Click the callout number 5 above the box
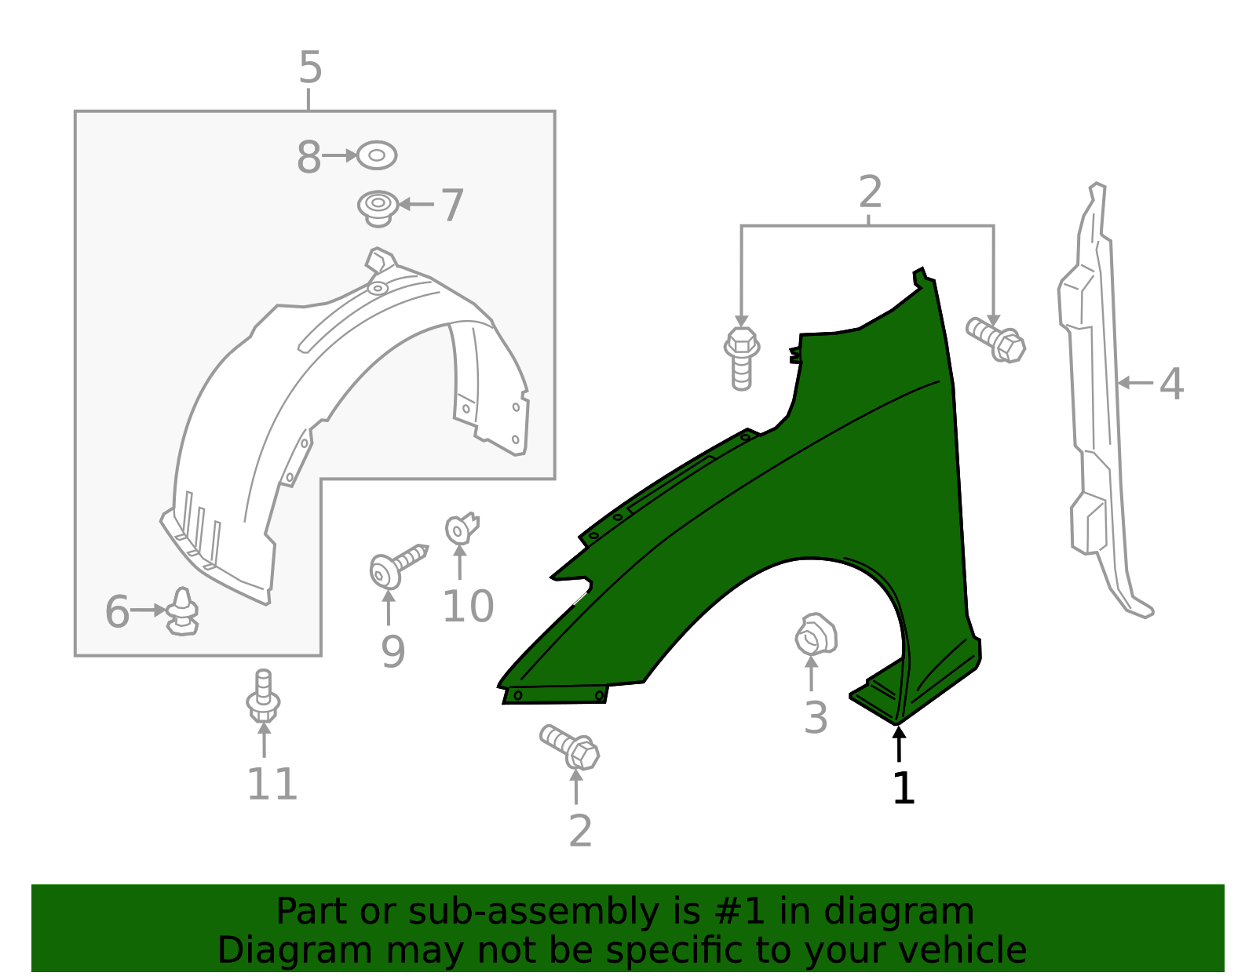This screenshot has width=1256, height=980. (x=310, y=68)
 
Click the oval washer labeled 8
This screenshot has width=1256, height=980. (x=377, y=155)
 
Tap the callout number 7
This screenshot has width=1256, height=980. (x=452, y=206)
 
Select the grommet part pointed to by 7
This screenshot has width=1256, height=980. (x=378, y=207)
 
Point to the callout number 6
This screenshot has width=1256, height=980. (x=117, y=612)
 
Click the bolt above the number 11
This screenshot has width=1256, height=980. (x=264, y=697)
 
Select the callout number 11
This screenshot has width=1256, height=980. (x=272, y=784)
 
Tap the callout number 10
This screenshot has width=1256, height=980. (x=468, y=606)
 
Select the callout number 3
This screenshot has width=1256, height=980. (x=816, y=717)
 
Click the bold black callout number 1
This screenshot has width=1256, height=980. (x=904, y=788)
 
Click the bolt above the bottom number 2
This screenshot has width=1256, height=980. (x=571, y=746)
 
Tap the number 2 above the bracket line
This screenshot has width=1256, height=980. (x=870, y=192)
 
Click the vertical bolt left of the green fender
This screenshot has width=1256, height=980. (x=741, y=358)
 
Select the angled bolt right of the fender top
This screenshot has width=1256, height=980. (x=996, y=340)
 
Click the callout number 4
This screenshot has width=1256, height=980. (x=1170, y=384)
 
